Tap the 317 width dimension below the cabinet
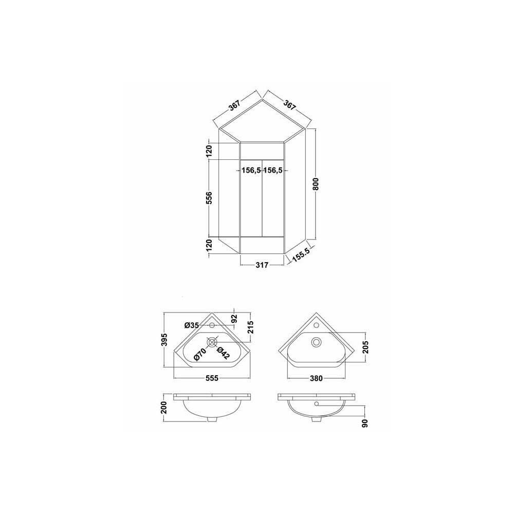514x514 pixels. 262,265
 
